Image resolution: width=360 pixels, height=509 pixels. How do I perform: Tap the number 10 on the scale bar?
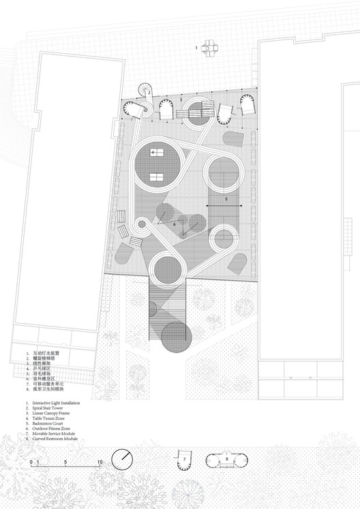click(x=100, y=463)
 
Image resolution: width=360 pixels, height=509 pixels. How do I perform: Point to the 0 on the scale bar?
click(x=31, y=463)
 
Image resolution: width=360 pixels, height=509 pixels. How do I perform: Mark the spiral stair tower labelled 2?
click(x=145, y=92)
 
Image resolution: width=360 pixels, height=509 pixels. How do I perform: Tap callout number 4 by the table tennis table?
click(x=153, y=152)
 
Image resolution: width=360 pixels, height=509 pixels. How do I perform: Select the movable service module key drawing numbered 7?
click(x=184, y=460)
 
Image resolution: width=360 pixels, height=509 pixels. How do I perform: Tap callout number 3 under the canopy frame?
click(x=180, y=99)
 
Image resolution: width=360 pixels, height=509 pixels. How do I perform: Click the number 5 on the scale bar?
click(x=65, y=463)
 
